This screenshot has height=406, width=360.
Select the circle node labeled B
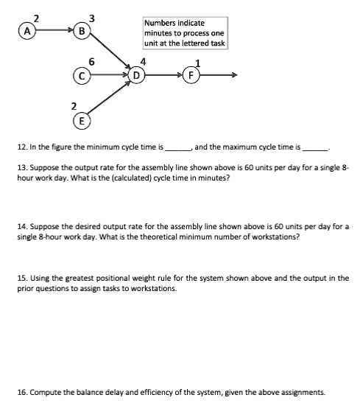(x=83, y=32)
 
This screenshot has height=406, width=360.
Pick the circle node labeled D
(x=137, y=74)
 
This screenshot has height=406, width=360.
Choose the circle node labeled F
(x=192, y=74)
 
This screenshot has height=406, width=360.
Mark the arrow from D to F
(x=164, y=74)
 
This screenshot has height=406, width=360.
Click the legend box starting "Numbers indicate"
(x=184, y=33)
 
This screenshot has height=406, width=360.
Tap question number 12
(x=10, y=147)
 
